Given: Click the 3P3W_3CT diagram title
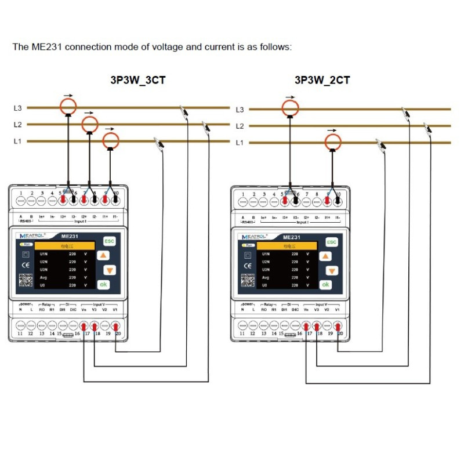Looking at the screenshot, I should coord(137,80).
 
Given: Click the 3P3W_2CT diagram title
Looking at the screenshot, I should coord(322,80).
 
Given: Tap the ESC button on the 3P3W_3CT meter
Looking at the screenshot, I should coord(108,241).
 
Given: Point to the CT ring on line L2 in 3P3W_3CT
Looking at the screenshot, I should coord(89,124).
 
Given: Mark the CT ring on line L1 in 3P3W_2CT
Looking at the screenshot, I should coord(332,141).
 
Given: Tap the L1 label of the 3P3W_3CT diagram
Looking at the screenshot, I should coord(18,142).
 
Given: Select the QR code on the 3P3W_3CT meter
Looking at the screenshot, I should coord(25,280).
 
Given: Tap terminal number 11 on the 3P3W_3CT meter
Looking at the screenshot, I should coord(20,333).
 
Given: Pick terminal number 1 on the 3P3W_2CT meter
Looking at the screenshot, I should coord(243,194).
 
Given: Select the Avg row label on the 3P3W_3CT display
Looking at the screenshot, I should coord(44,277).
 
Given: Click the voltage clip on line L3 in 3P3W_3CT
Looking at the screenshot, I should coord(185,110).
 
